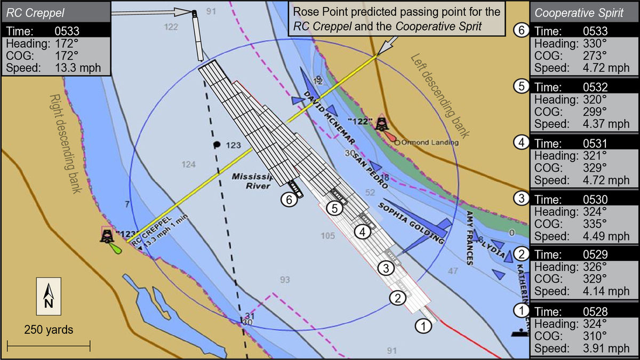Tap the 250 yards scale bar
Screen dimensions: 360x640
[x=49, y=346]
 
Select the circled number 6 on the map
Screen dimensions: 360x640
[x=289, y=200]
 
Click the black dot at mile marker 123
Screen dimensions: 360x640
[x=217, y=145]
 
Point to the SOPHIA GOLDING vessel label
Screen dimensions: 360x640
[x=411, y=222]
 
